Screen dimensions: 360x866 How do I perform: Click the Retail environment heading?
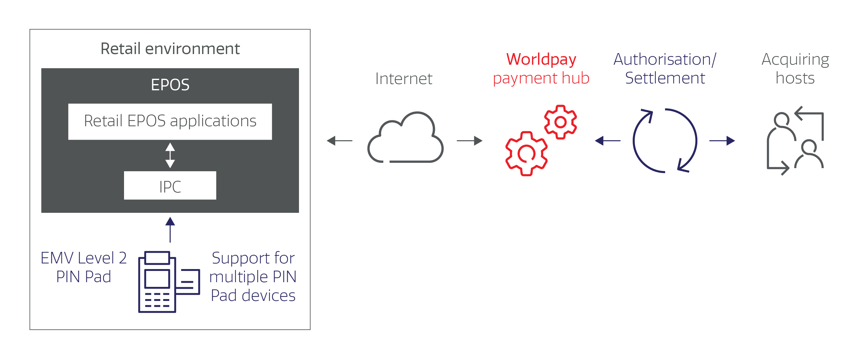[170, 49]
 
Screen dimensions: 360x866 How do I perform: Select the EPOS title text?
[170, 85]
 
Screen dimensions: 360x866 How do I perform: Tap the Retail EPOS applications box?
[170, 121]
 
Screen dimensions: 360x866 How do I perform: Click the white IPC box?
[170, 186]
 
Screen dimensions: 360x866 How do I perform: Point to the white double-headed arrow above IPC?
[170, 155]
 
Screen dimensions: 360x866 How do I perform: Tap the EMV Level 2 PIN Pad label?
[84, 267]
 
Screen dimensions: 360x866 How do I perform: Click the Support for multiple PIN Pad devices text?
[253, 277]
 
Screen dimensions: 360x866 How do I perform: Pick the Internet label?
[404, 79]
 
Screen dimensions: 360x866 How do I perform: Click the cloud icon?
[406, 138]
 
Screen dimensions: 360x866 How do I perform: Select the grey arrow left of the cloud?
[339, 141]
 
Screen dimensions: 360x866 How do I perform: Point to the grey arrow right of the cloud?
[470, 141]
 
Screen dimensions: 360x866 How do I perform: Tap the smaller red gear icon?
[560, 122]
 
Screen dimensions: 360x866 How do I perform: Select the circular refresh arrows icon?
[665, 141]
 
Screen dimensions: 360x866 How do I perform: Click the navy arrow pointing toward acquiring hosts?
[722, 141]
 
